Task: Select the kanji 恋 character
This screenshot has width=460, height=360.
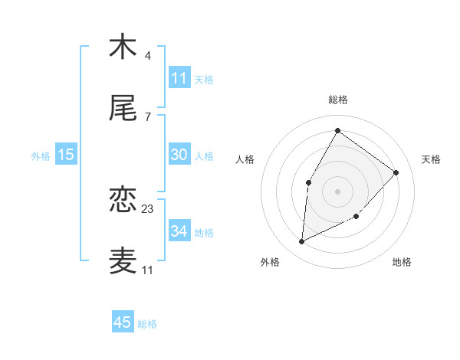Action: point(123,200)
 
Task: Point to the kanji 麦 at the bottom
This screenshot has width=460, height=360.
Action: point(123,260)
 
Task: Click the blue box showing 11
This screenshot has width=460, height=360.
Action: point(179,78)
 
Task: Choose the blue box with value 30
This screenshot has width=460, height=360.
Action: point(179,155)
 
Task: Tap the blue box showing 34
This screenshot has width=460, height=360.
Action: point(179,231)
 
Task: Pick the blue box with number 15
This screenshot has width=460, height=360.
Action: point(66,155)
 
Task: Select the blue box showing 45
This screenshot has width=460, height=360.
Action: point(123,322)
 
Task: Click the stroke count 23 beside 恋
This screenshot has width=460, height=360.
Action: point(148,208)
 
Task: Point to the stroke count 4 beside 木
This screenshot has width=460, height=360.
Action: point(148,55)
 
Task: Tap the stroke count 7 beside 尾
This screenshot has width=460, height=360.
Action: point(148,116)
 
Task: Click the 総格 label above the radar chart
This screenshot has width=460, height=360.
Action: point(337,100)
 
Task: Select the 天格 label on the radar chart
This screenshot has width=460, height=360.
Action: point(431,159)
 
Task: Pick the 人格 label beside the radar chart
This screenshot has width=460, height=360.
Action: point(245,159)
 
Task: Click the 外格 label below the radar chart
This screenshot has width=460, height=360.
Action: point(269,262)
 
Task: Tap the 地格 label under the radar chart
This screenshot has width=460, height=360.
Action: point(402,262)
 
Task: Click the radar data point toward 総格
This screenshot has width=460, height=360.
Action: point(337,131)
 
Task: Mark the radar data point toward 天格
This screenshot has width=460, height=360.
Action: point(396,172)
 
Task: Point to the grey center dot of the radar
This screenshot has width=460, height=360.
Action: point(337,190)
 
